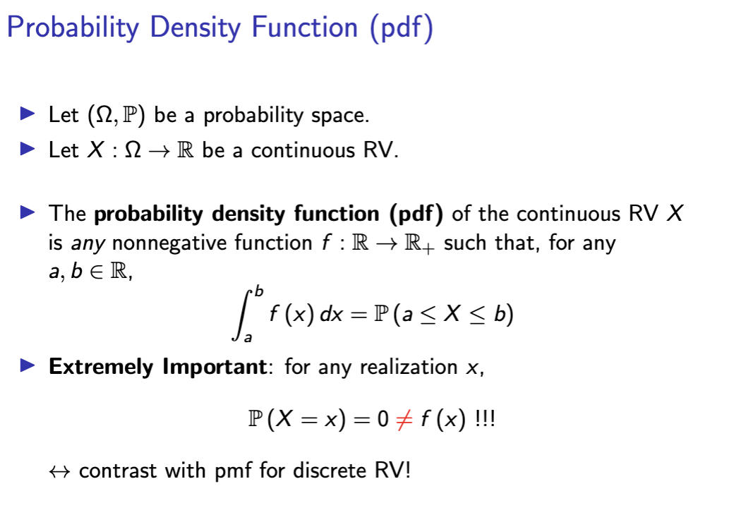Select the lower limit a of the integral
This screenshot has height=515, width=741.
coord(248,339)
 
